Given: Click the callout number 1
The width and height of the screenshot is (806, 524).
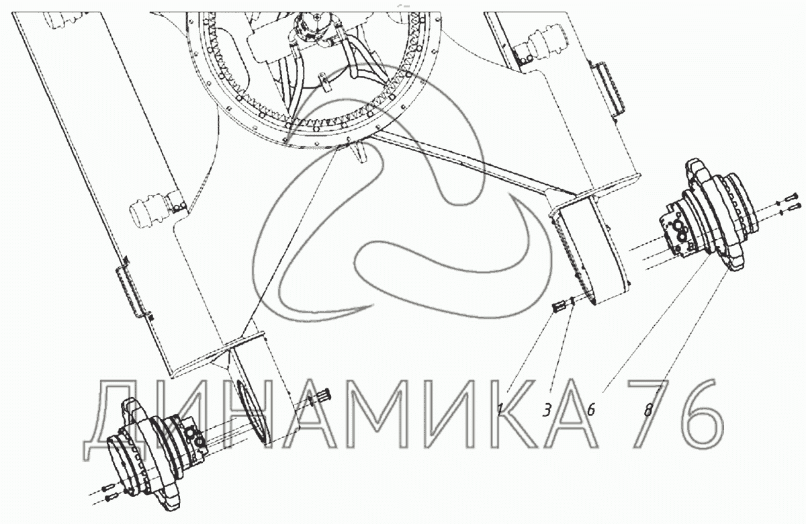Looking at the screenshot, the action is click(500, 410).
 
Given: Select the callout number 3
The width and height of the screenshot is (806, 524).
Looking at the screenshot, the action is click(547, 410).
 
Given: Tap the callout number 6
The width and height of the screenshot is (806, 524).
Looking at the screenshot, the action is click(591, 410).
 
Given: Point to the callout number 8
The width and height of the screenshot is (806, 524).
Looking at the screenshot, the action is click(648, 410).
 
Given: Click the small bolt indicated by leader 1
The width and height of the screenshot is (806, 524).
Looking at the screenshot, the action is click(557, 307).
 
